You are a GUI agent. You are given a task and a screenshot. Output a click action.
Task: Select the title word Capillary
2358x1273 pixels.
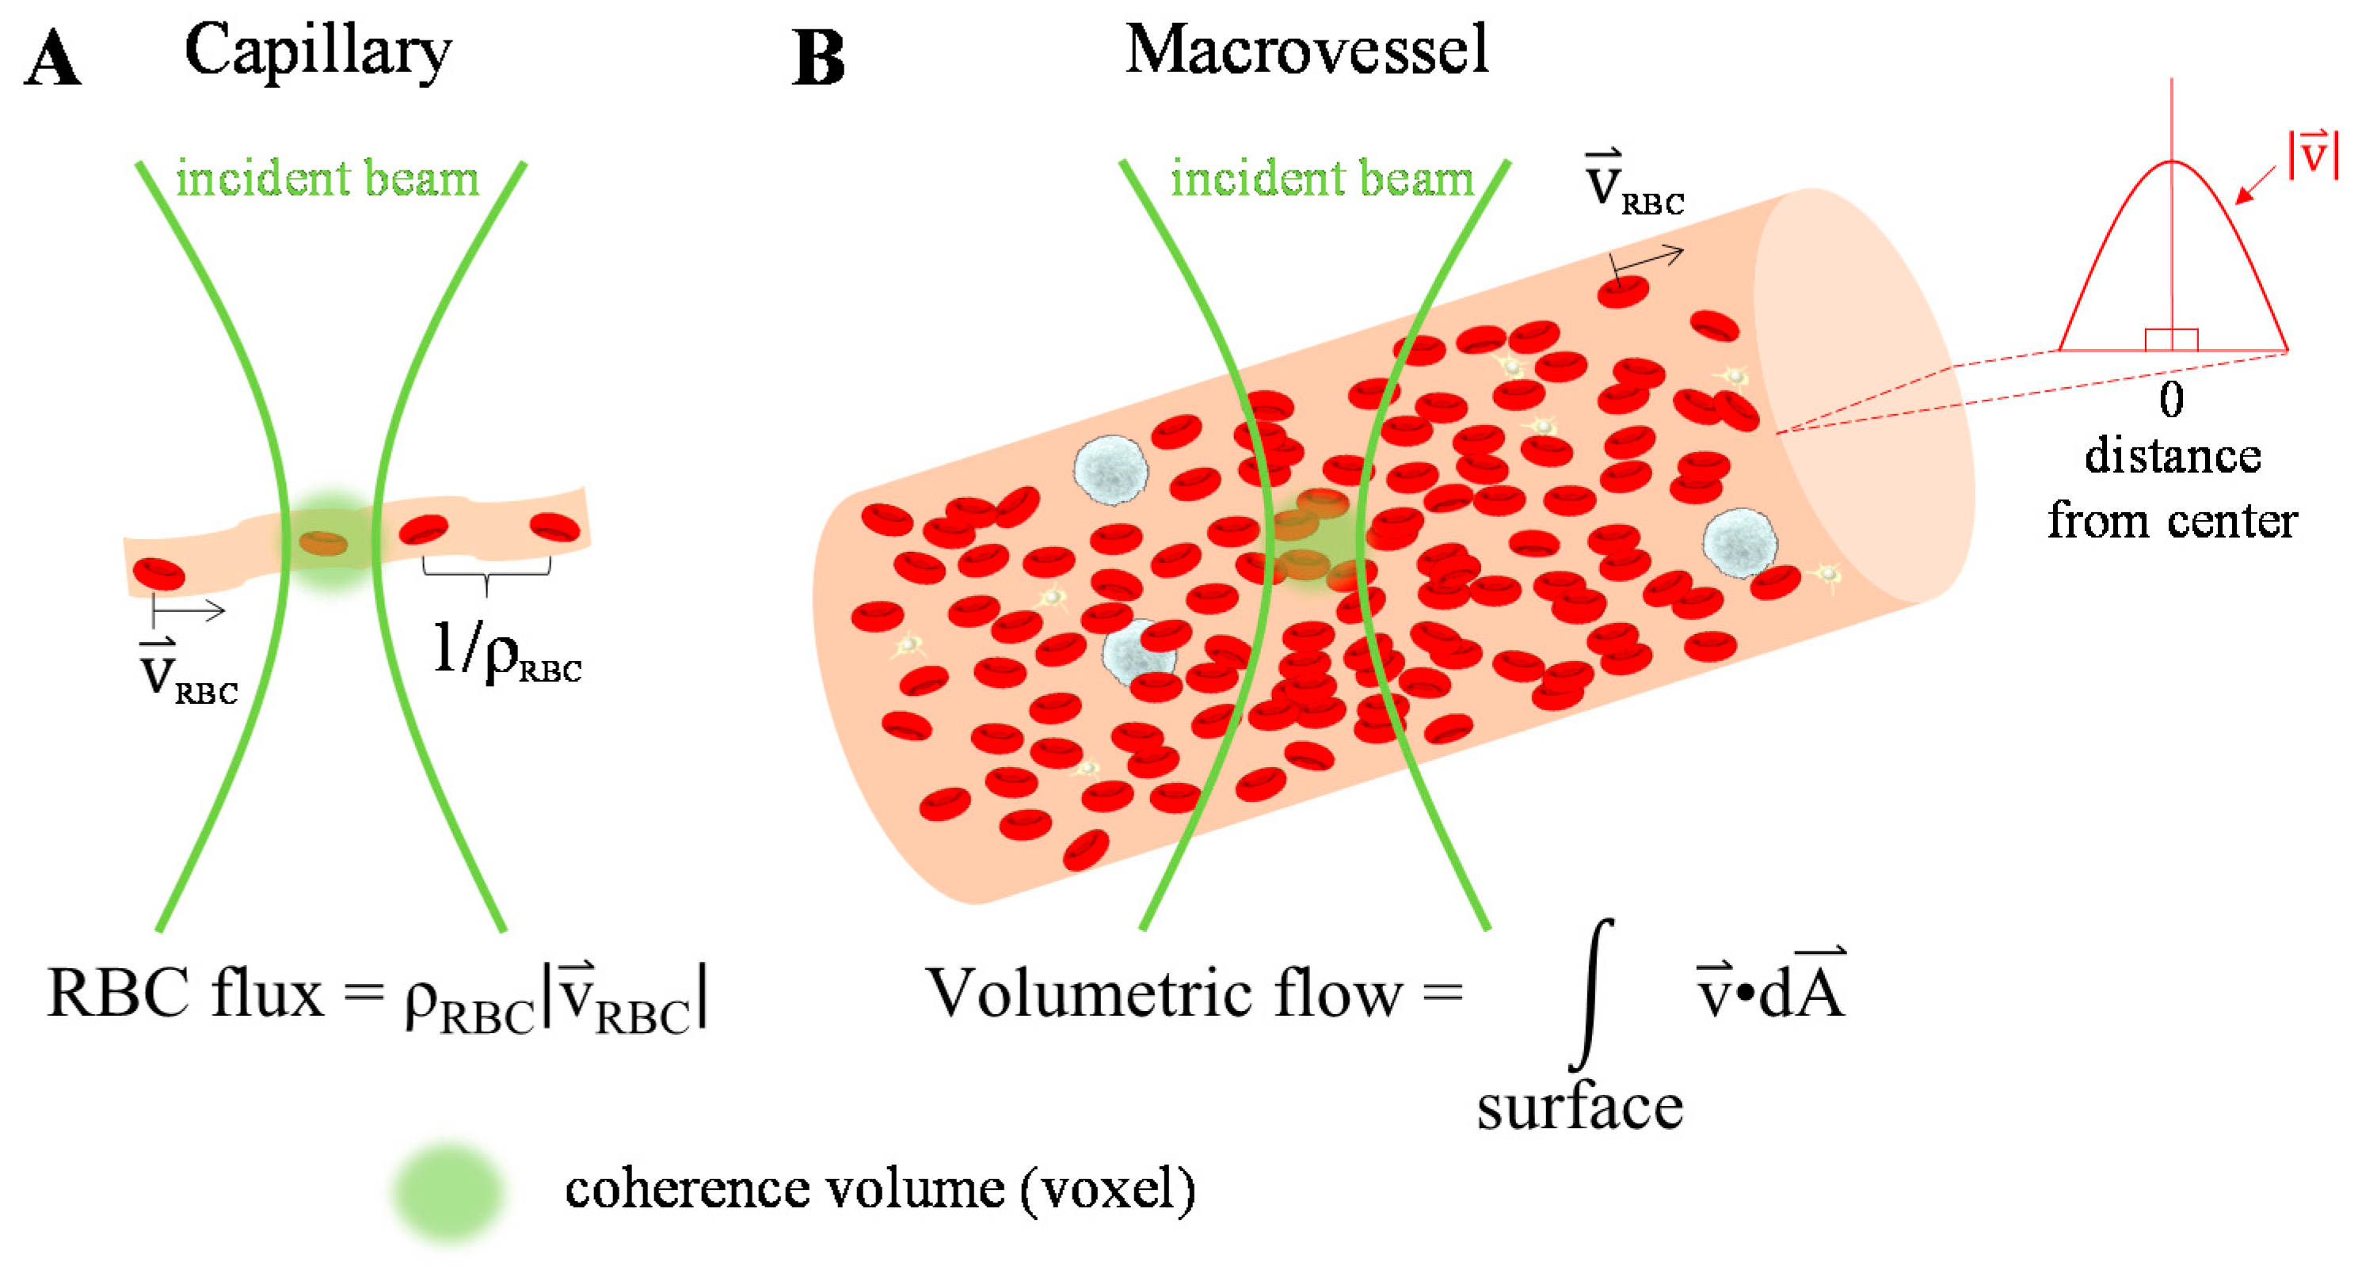318,51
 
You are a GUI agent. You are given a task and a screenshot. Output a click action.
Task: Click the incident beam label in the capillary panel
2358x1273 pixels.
327,177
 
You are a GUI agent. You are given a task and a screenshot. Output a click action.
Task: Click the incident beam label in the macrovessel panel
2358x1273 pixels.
1322,177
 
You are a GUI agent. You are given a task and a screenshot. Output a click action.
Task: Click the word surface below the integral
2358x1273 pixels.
1579,1108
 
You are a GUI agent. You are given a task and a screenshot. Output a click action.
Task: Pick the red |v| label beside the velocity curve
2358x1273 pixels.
2313,153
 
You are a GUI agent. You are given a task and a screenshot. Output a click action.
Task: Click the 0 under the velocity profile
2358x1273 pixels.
2171,400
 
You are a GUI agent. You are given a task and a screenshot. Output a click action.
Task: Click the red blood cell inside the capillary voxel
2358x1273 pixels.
324,544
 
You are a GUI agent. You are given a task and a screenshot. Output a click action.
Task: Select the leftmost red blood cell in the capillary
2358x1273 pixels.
158,574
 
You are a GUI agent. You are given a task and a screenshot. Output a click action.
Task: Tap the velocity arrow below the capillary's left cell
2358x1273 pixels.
189,610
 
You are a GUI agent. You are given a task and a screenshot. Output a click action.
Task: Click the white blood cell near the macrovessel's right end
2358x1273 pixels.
1739,543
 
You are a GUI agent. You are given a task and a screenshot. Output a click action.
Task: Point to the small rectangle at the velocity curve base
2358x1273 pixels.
2171,340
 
